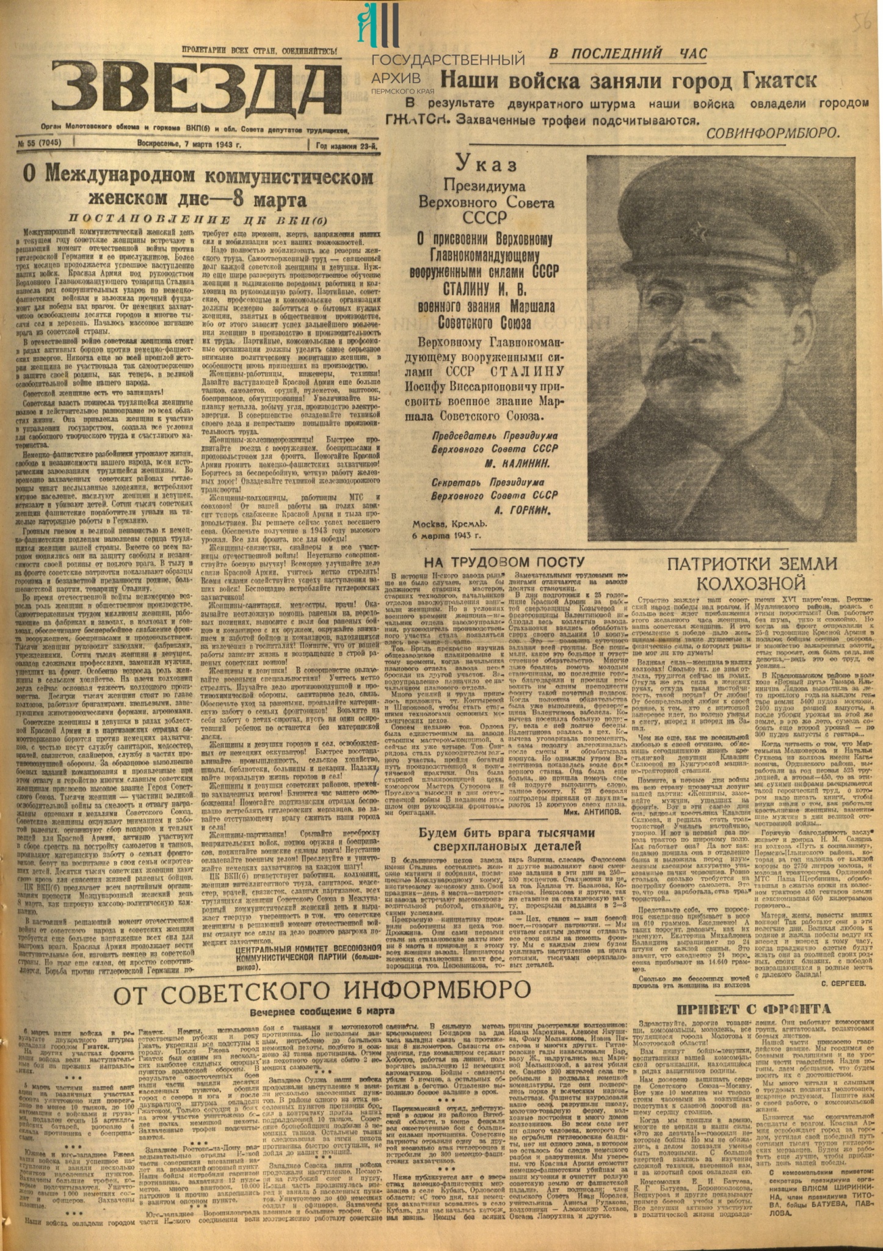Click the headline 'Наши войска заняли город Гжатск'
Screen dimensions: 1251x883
[x=628, y=80]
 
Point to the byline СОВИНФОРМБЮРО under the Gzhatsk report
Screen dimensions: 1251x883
[x=772, y=132]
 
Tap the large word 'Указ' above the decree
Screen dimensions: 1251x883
[x=487, y=165]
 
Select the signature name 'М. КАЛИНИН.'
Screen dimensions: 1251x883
[x=523, y=464]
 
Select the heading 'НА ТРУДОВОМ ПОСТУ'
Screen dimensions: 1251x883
[x=504, y=561]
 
